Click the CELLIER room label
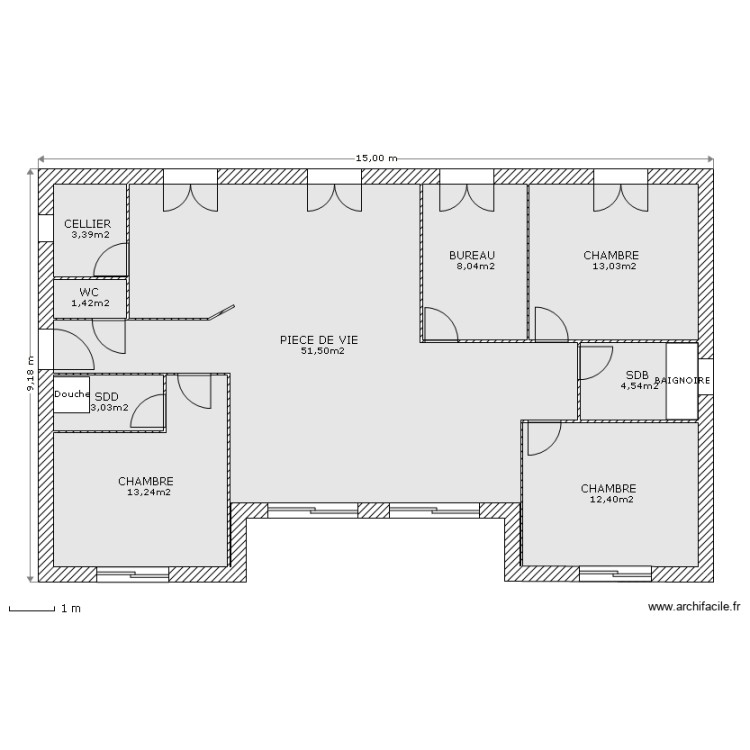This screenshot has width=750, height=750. (x=87, y=223)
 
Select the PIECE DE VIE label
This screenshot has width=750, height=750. (x=319, y=340)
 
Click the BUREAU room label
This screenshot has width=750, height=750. (x=472, y=255)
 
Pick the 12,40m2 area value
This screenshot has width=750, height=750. (x=611, y=499)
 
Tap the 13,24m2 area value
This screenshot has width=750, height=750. (x=148, y=491)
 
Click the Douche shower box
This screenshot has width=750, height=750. (x=72, y=394)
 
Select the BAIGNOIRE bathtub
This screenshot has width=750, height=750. (x=683, y=381)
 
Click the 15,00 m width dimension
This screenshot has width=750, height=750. (x=376, y=158)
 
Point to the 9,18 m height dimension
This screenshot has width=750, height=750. (x=30, y=374)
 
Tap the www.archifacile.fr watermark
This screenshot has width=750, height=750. (x=693, y=606)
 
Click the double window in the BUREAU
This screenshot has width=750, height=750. (x=467, y=190)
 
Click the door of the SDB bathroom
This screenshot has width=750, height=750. (x=595, y=363)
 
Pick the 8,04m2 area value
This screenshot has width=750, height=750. (x=475, y=266)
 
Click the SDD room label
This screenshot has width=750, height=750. (x=106, y=396)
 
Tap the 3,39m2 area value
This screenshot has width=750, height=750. (x=90, y=234)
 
